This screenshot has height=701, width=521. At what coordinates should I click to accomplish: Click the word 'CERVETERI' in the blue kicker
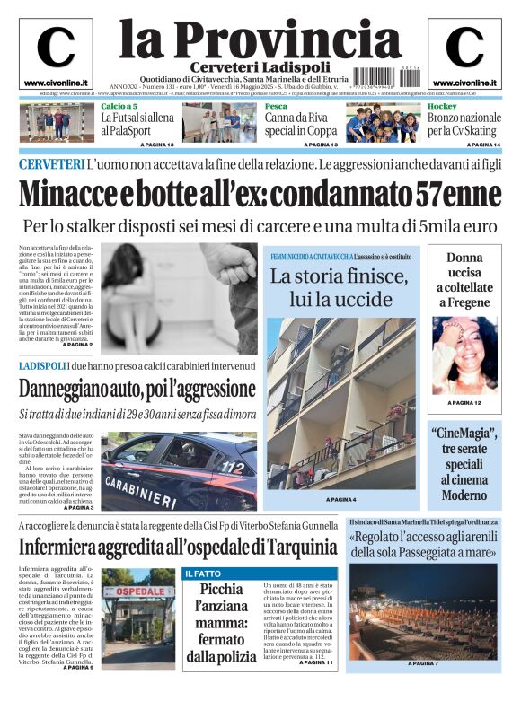[50, 164]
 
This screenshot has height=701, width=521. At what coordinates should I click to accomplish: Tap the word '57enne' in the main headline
[459, 193]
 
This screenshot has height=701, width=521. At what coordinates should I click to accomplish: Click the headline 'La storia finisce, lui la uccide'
[339, 287]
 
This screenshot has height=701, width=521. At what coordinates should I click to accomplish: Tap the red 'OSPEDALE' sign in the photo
[133, 592]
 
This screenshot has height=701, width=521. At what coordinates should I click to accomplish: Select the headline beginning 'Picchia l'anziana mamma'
[221, 622]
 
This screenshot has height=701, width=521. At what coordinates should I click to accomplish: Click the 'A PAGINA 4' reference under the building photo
[340, 499]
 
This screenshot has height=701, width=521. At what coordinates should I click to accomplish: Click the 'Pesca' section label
[276, 107]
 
